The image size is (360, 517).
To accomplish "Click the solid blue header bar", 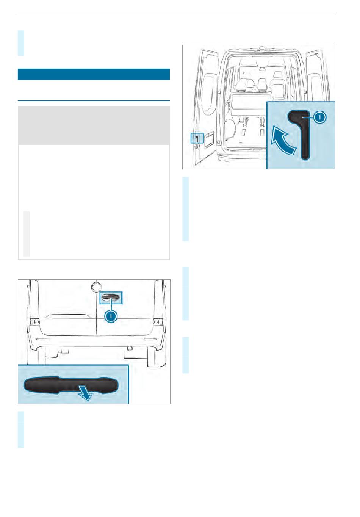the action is [x=94, y=74].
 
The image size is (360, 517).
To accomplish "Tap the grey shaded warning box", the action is [x=94, y=125].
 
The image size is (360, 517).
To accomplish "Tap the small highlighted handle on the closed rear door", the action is [x=111, y=298].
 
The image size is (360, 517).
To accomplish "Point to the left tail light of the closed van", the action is [x=34, y=321].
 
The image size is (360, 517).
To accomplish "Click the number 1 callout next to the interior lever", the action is [x=319, y=117].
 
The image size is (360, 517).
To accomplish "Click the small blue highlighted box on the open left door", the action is [x=197, y=138].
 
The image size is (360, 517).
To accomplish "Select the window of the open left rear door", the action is [x=208, y=95].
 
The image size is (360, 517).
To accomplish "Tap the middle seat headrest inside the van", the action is [x=262, y=83].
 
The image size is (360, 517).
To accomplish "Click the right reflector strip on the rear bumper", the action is [x=150, y=338].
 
